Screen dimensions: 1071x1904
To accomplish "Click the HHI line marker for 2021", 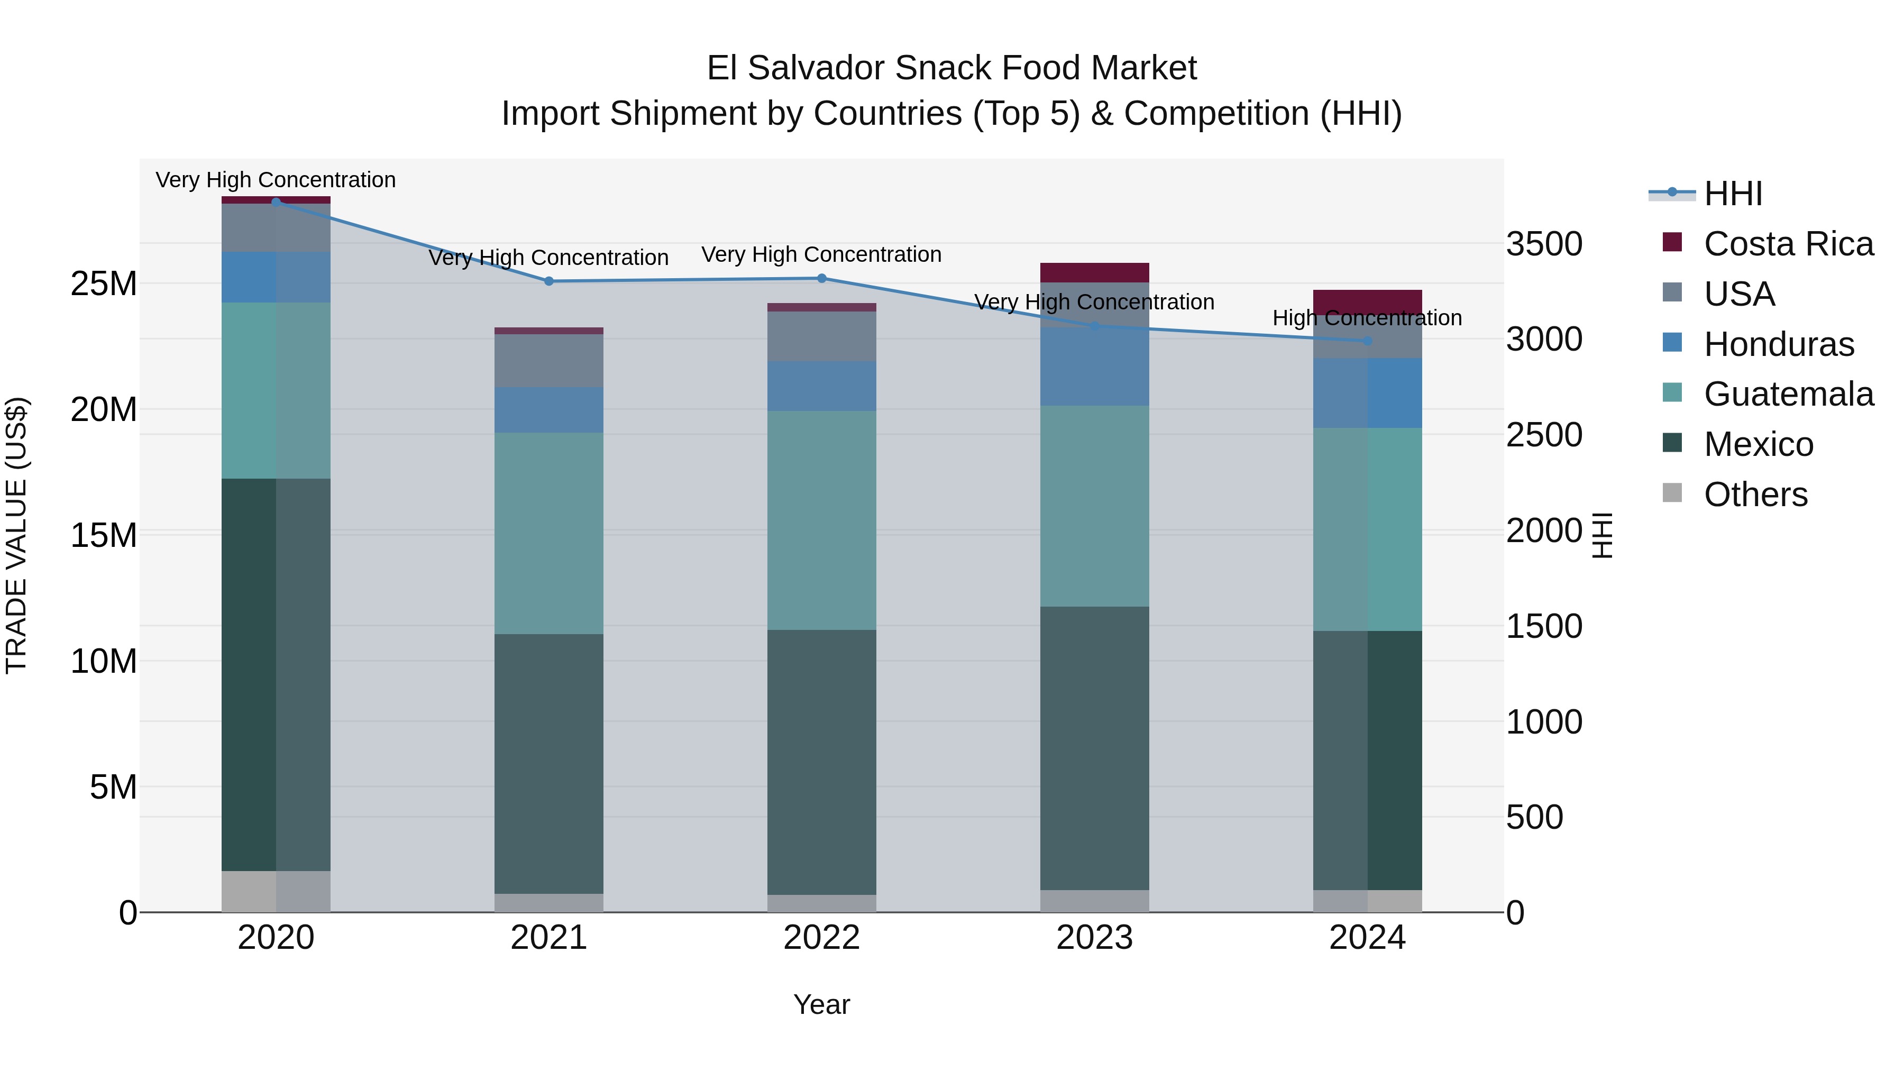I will tap(548, 281).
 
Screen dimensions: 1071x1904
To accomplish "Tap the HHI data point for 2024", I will tap(1367, 341).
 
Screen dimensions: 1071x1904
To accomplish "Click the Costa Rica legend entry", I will tap(1788, 244).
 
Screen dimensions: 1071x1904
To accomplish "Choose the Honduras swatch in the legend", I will tap(1672, 343).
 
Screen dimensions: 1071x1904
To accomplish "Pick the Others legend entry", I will tap(1755, 495).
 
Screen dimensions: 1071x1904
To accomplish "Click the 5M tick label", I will tap(113, 787).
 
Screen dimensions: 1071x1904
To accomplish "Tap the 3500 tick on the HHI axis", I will tap(1544, 244).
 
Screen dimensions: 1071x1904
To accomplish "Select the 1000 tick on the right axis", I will tap(1544, 722).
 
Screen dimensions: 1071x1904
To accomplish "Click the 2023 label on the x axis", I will tap(1094, 938).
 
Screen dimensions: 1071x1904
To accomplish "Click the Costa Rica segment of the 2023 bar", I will tap(1094, 272).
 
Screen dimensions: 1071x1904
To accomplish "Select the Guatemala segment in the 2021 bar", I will tap(548, 533).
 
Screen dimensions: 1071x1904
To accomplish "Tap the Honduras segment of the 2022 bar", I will tap(821, 386).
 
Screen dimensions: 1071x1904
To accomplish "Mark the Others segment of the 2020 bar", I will tap(276, 891).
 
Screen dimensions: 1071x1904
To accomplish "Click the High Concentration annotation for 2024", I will tap(1367, 318).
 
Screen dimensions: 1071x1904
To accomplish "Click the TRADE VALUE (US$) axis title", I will tap(16, 535).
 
